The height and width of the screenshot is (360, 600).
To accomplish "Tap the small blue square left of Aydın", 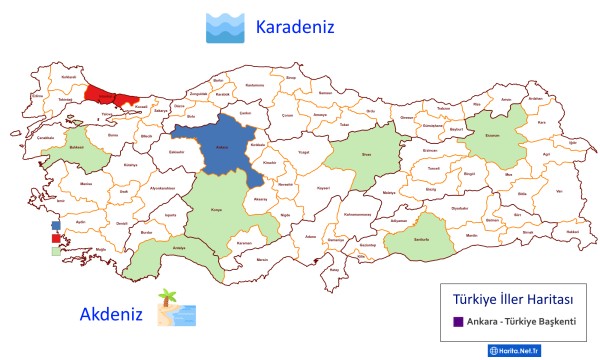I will [x=55, y=226].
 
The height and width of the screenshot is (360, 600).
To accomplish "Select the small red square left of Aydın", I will [x=55, y=238].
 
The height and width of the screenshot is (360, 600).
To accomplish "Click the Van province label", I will [x=559, y=191].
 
